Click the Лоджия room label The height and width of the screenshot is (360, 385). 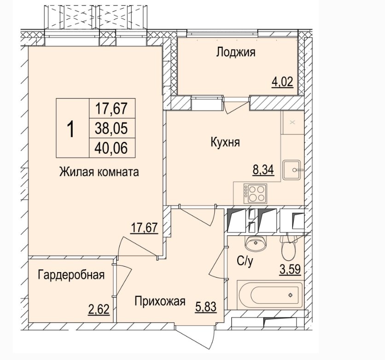pyautogui.click(x=236, y=52)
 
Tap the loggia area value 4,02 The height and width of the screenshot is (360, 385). pyautogui.click(x=282, y=82)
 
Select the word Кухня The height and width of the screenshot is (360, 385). pyautogui.click(x=225, y=142)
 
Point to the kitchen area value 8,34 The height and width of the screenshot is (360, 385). pyautogui.click(x=263, y=169)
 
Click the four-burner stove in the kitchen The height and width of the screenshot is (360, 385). pyautogui.click(x=255, y=193)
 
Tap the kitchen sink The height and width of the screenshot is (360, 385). pyautogui.click(x=292, y=170)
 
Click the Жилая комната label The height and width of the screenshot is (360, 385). pyautogui.click(x=99, y=172)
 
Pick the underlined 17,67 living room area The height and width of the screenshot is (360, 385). pyautogui.click(x=144, y=227)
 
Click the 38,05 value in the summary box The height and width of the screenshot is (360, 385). pyautogui.click(x=111, y=128)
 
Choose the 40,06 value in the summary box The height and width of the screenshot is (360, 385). pyautogui.click(x=111, y=148)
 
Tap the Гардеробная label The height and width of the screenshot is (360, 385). pyautogui.click(x=71, y=275)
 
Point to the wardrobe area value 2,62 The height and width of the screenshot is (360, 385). pyautogui.click(x=99, y=309)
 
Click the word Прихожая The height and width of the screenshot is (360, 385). pyautogui.click(x=160, y=301)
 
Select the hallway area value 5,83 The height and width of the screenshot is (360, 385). pyautogui.click(x=206, y=307)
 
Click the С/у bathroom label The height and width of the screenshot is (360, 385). pyautogui.click(x=245, y=261)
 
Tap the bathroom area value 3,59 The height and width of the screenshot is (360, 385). pyautogui.click(x=291, y=269)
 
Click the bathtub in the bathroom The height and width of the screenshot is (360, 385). pyautogui.click(x=270, y=295)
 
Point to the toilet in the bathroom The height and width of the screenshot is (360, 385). pyautogui.click(x=288, y=247)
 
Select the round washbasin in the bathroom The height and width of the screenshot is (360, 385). pyautogui.click(x=255, y=244)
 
